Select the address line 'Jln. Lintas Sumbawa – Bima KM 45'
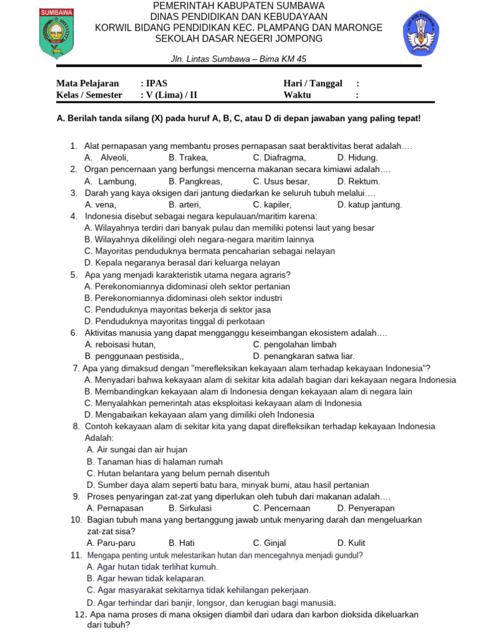coord(239,59)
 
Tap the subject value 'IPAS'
coord(156,83)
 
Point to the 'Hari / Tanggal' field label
coord(312,83)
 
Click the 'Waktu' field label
coord(298,95)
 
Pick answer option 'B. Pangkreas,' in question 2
coord(195,181)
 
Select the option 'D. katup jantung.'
coord(369,204)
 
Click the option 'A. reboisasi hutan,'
coord(120,345)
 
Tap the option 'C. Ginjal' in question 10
coord(269,543)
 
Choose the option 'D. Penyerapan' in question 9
coord(366,508)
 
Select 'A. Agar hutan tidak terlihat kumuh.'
coord(152,567)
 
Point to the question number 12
coord(80,615)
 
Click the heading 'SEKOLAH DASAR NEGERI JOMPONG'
coord(239,39)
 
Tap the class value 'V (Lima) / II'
coord(172,95)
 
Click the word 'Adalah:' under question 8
coord(100,438)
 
